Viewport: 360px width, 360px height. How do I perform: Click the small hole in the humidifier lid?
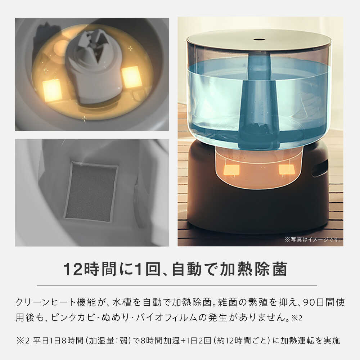(258, 39)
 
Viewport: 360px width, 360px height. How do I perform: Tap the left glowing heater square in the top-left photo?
(52, 90)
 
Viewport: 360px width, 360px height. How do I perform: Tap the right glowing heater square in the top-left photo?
(131, 77)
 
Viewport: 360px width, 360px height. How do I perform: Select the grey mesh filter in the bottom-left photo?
(91, 192)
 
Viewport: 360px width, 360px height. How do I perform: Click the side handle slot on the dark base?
(320, 168)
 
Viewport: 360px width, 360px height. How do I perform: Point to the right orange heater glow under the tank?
(287, 170)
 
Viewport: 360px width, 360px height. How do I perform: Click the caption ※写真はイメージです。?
(313, 239)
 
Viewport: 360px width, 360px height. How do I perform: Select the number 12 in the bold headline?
(73, 269)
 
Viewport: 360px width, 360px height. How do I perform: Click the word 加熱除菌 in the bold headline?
(253, 269)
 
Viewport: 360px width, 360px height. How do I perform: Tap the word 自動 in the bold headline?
(186, 269)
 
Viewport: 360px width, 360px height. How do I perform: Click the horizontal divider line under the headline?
(177, 286)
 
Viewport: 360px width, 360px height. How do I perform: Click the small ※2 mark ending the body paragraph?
(297, 318)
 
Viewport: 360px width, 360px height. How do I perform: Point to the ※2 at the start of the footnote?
(23, 341)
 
